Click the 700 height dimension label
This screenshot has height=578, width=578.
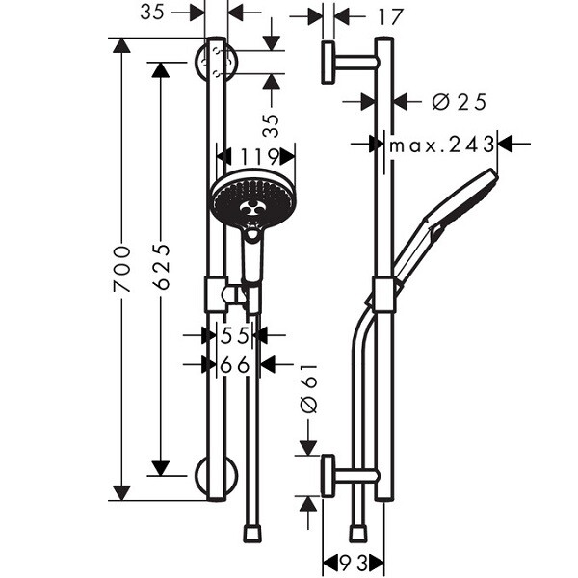[122, 269]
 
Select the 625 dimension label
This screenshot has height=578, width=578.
[161, 266]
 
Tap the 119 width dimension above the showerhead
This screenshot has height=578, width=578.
[259, 157]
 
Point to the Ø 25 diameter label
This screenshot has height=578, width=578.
[460, 102]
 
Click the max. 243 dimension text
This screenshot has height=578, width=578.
[441, 144]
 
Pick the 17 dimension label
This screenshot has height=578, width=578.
[390, 17]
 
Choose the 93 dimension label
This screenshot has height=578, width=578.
[354, 564]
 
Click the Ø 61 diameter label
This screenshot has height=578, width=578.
[309, 388]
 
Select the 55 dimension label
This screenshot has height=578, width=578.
[235, 335]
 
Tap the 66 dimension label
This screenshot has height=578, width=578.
[235, 365]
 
